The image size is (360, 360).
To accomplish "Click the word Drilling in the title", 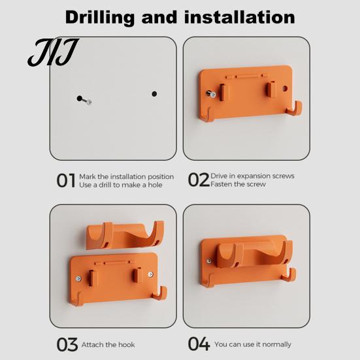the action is pos(100,18).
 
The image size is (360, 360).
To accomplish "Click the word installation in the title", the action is pos(240,17).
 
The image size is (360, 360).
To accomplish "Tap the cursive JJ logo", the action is pos(54,52).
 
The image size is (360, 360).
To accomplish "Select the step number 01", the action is pos(66,180).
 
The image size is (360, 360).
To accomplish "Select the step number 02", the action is pos(199,180).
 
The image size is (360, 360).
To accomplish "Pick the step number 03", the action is pos(67,344).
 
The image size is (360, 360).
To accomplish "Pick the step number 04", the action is pos(199,344).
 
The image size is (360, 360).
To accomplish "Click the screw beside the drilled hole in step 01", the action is pos(87,101).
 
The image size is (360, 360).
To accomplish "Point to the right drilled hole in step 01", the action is pos(154,93).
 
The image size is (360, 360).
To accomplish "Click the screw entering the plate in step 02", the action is pos(211,93).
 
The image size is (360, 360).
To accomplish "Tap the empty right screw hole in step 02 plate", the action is pos(285,88).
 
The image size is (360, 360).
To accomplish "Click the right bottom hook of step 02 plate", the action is pos(295,108).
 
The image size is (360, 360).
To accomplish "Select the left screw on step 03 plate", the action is pos(78,279).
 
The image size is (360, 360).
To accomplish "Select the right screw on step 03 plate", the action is pos(151,274).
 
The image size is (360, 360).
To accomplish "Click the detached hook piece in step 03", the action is pos(125,235).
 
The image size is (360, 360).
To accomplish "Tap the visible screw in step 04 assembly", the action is pos(209,261).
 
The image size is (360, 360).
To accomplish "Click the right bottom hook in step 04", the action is pos(289,275).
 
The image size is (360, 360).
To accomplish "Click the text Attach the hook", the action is pos(108,344).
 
